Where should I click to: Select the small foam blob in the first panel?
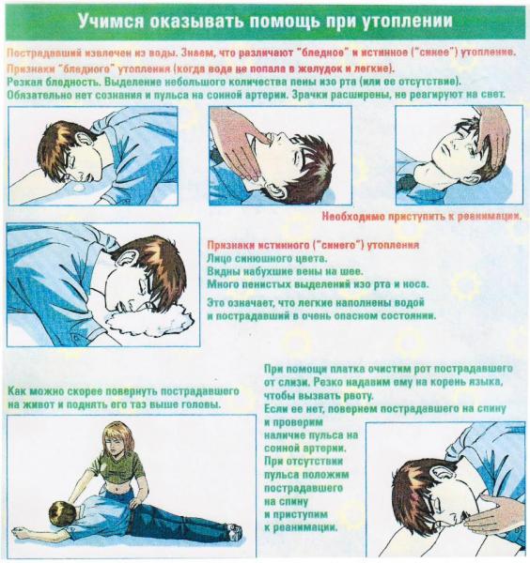click(x=79, y=188)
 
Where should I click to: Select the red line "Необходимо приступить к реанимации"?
click(x=421, y=217)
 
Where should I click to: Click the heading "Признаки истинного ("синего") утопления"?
click(x=313, y=245)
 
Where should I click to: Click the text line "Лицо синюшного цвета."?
click(x=268, y=258)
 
